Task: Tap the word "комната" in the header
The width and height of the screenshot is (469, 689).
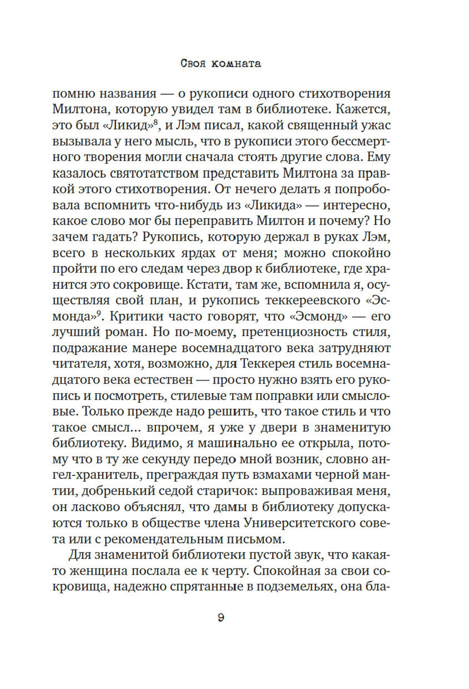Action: click(x=237, y=63)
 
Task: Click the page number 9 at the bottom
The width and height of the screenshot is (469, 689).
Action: click(x=221, y=618)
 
